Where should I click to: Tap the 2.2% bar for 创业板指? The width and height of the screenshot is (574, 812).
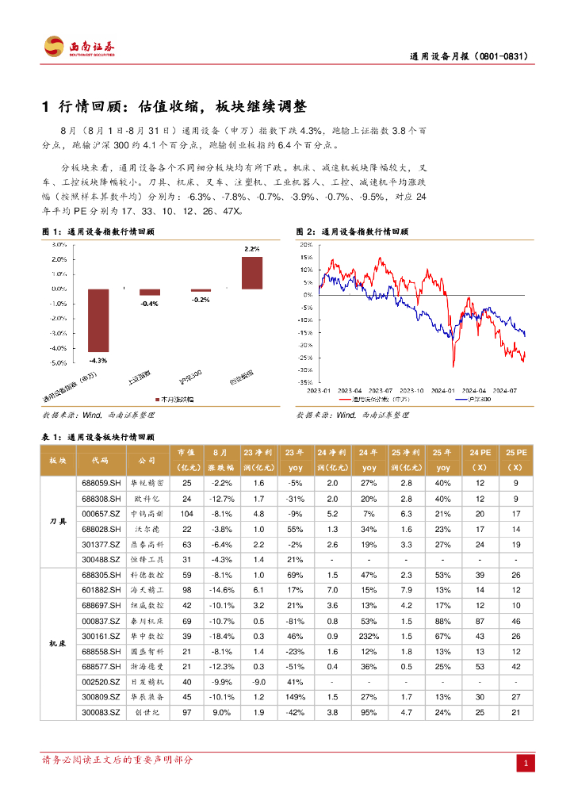pyautogui.click(x=252, y=272)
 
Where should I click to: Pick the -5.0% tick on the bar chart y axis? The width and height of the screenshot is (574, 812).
pyautogui.click(x=58, y=363)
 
